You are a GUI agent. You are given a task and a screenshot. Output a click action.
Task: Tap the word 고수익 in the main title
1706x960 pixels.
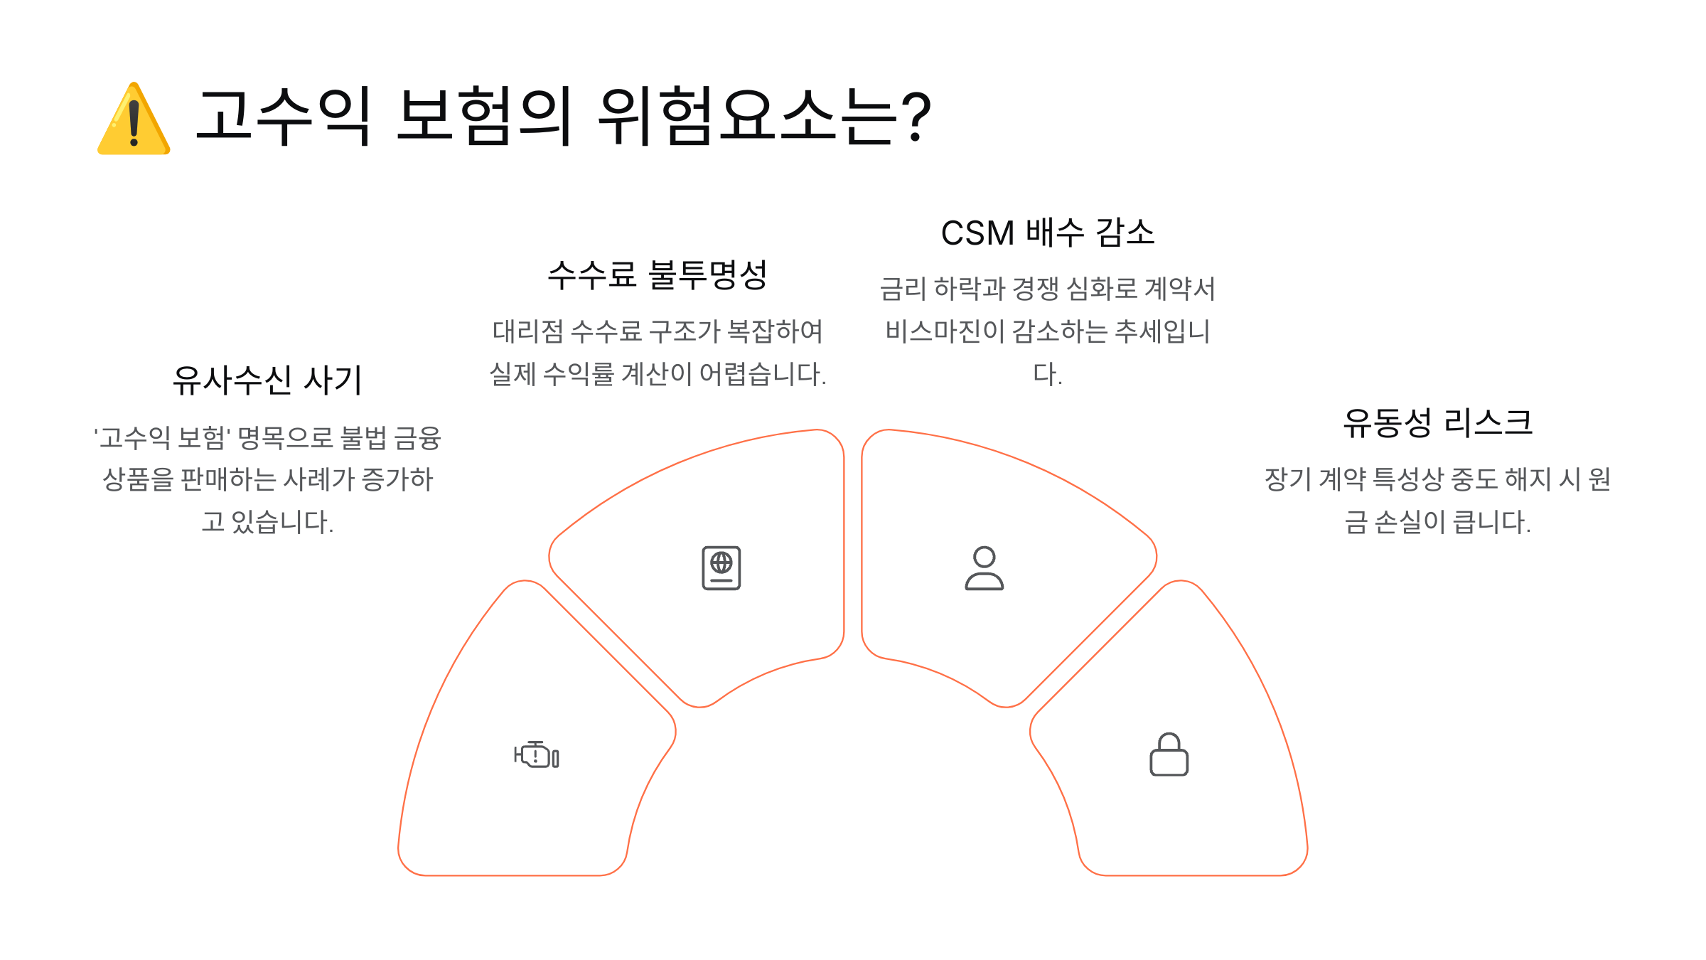[x=283, y=116]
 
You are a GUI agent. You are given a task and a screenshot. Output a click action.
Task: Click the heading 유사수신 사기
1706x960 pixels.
[x=267, y=380]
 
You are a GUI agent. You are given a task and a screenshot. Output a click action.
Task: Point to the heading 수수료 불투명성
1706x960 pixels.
[x=658, y=274]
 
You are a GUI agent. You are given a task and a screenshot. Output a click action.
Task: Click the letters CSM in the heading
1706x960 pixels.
[x=977, y=233]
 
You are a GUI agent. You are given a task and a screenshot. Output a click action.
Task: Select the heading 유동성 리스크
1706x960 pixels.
[x=1437, y=422]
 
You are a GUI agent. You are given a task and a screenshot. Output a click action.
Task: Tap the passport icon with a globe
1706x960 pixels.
[x=721, y=567]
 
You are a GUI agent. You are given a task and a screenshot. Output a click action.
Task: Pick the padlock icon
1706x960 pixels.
[x=1169, y=754]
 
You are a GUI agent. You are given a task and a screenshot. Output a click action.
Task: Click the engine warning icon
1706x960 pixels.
[x=536, y=754]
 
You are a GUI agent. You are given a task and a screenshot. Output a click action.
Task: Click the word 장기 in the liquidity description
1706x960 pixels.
[x=1287, y=479]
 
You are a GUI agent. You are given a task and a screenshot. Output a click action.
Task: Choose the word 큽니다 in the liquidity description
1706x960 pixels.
[x=1491, y=522]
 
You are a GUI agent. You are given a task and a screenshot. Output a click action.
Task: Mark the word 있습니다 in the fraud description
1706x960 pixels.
[x=281, y=522]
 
